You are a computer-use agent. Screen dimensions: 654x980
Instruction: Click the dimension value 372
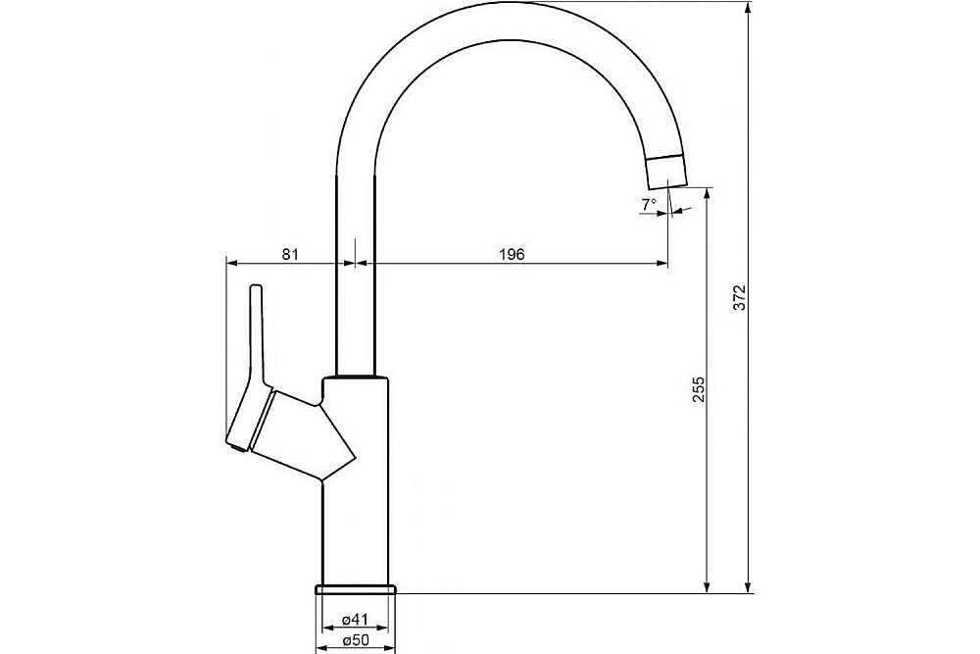tap(741, 297)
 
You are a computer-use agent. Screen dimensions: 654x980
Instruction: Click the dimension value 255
tap(698, 390)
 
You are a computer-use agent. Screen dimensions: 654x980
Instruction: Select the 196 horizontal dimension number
tap(512, 254)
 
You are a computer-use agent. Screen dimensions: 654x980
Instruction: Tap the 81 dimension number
tap(290, 254)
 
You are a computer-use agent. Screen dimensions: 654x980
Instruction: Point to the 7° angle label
tap(648, 204)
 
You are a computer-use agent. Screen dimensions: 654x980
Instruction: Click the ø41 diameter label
tap(355, 620)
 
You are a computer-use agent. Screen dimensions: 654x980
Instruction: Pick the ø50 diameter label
tap(355, 640)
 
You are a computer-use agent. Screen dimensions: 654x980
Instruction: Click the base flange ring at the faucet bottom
tap(355, 588)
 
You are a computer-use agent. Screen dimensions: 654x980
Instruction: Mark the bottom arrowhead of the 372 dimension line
tap(750, 587)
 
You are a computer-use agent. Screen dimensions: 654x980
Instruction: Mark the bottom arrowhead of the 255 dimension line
tap(706, 587)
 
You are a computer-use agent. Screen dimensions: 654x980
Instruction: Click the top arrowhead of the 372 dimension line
tap(750, 8)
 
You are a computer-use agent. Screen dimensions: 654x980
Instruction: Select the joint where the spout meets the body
tap(355, 377)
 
